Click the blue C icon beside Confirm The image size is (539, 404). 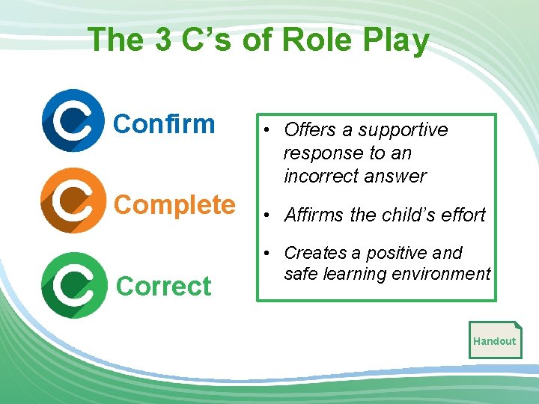(73, 120)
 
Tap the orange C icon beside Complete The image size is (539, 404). (73, 200)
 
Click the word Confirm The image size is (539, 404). (164, 123)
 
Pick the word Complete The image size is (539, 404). (175, 204)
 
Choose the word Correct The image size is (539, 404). (164, 287)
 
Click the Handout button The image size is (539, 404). (494, 341)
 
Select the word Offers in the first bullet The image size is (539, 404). (310, 129)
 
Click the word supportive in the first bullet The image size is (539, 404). (404, 130)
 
